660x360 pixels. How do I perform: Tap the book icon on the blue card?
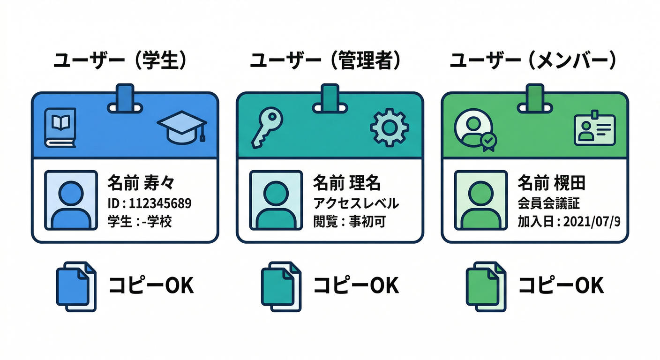tap(60, 127)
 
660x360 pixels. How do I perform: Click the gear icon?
tap(390, 127)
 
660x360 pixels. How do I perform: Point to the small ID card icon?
tap(594, 128)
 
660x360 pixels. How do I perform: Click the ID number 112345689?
tap(160, 203)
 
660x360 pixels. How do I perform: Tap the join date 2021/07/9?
tap(592, 222)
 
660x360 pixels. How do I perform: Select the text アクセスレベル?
tap(356, 203)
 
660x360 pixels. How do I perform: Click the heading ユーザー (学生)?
tap(120, 60)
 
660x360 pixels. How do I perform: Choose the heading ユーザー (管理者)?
tap(325, 60)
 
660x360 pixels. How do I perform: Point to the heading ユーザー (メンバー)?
tap(532, 60)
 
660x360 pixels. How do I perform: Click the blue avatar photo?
tap(71, 200)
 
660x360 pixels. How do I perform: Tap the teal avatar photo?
tap(276, 200)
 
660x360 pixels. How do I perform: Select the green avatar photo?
tap(481, 200)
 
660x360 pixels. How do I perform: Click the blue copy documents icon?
tap(76, 286)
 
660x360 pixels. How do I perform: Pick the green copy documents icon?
tap(486, 286)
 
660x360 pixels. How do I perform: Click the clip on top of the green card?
tap(535, 99)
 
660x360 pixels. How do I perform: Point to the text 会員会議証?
tap(548, 203)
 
